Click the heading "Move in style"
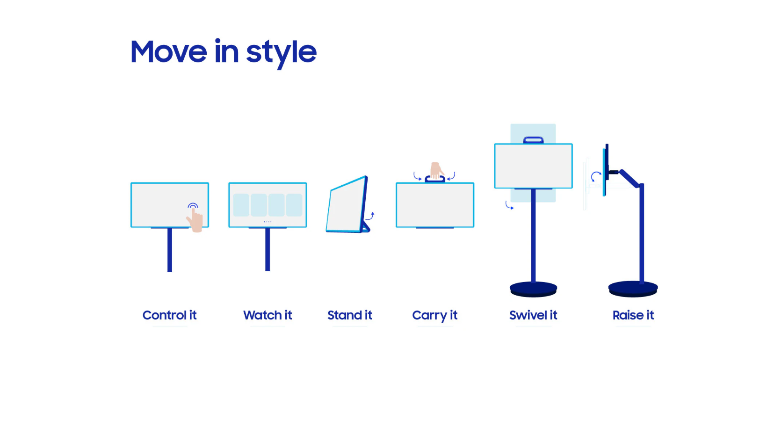pyautogui.click(x=223, y=52)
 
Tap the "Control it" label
pyautogui.click(x=169, y=315)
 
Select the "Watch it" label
pyautogui.click(x=268, y=315)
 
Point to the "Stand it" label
pyautogui.click(x=349, y=315)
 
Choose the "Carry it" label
pyautogui.click(x=434, y=315)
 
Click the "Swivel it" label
pyautogui.click(x=533, y=315)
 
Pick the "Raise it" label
pyautogui.click(x=633, y=315)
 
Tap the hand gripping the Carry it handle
pyautogui.click(x=436, y=170)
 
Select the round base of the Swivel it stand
pyautogui.click(x=533, y=289)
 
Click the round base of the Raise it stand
pyautogui.click(x=633, y=289)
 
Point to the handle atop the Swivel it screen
pyautogui.click(x=534, y=140)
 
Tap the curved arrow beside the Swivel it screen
pyautogui.click(x=508, y=206)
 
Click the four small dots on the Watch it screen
pyautogui.click(x=268, y=222)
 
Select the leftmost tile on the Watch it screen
pyautogui.click(x=241, y=205)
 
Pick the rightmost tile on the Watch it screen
pyautogui.click(x=294, y=205)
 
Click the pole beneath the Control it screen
pyautogui.click(x=170, y=250)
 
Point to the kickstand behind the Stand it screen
pyautogui.click(x=366, y=227)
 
